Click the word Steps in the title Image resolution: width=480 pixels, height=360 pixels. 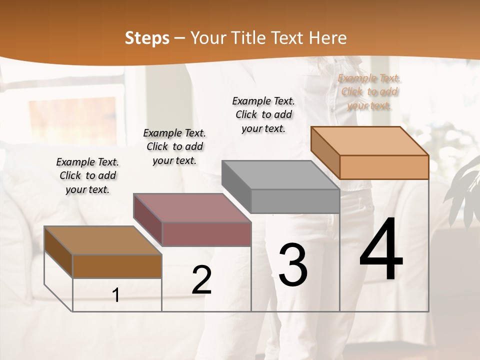(147, 38)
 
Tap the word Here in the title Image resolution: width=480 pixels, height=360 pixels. (328, 38)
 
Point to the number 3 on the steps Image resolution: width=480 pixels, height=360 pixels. (292, 265)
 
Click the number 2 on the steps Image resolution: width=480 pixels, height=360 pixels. (201, 280)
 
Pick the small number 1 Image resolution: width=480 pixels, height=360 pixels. (116, 295)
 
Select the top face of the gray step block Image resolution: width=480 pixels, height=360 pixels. (280, 175)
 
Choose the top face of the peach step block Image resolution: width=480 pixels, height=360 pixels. (369, 141)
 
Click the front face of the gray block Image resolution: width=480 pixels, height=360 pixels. (295, 201)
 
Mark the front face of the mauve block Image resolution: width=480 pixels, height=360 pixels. (206, 234)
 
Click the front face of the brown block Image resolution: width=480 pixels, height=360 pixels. (117, 266)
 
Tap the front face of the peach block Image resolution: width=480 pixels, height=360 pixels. (384, 167)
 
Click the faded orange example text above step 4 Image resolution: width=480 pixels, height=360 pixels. (369, 91)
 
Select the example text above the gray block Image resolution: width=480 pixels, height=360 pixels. (263, 114)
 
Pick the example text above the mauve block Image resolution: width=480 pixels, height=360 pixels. (174, 146)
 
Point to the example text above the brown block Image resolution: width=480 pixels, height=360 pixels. (87, 175)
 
